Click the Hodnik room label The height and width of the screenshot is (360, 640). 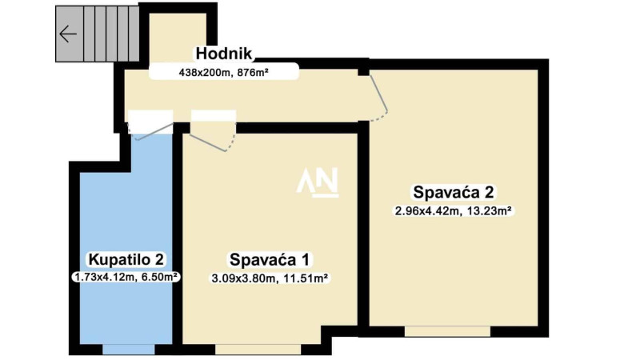224,54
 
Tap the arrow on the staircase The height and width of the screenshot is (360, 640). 68,34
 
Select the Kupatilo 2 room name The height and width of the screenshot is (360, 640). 126,259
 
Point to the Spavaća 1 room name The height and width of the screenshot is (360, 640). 270,259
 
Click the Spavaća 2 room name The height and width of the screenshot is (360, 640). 454,192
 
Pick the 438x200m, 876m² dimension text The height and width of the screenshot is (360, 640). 224,73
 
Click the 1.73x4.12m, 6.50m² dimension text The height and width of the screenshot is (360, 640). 126,277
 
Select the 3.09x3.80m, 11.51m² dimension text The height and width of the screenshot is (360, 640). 270,278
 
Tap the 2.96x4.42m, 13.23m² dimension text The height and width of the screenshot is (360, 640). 454,211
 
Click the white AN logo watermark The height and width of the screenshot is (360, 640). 318,182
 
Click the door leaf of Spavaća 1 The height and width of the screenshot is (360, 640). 207,142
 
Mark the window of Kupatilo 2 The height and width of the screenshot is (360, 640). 129,350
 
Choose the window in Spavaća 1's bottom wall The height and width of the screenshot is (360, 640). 258,350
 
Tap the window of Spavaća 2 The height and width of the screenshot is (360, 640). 447,331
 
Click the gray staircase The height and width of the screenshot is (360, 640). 98,34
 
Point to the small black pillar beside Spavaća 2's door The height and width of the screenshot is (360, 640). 363,72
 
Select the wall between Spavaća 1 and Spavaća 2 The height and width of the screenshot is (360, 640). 364,229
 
